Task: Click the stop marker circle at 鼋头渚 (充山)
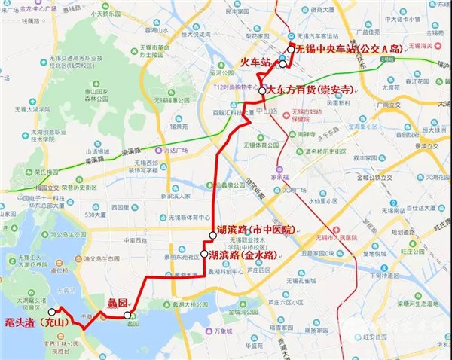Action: [51, 311]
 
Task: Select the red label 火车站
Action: [255, 62]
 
